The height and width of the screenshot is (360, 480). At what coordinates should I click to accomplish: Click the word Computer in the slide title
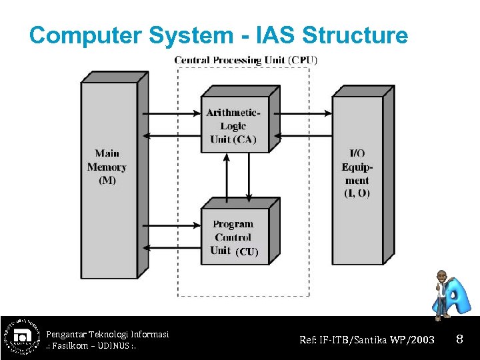(83, 35)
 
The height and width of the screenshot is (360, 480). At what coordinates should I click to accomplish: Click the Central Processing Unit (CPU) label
(245, 60)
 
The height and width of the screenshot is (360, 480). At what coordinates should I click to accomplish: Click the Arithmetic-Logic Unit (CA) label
(233, 125)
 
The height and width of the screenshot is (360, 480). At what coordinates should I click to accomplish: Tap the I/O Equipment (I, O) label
(357, 173)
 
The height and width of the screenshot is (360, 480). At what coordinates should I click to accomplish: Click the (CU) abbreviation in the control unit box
(247, 251)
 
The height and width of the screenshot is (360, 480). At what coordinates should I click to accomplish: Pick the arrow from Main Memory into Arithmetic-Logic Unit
(173, 113)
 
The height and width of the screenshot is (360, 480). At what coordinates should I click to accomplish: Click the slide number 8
(459, 340)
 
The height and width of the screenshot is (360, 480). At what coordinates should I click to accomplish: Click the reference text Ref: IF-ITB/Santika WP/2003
(367, 340)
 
